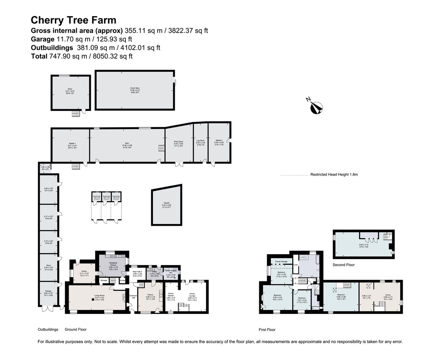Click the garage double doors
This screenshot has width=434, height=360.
[47, 309]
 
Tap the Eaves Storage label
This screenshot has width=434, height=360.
[281, 261]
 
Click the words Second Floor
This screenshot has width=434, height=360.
[344, 265]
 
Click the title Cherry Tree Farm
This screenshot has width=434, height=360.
[74, 20]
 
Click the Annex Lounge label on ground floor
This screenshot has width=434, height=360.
[192, 294]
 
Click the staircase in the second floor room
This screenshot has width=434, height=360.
[386, 237]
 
